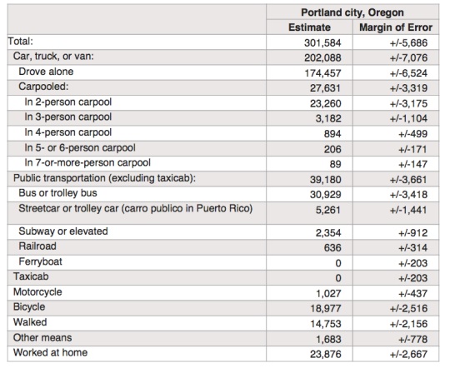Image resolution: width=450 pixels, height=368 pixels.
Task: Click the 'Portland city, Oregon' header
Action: coord(352,12)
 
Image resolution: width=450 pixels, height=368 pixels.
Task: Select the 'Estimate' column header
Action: coord(309,27)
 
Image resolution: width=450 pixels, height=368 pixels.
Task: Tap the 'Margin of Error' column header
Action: coord(396,27)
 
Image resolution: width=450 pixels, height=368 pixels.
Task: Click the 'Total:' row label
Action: coord(20,42)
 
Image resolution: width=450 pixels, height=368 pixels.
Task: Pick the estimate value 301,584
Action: coord(322,43)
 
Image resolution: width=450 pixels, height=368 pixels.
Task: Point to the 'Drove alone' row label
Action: coord(46,72)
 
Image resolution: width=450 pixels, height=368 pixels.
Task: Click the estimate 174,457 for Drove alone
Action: coord(322,73)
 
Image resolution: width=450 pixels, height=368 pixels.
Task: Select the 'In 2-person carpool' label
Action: coord(68,102)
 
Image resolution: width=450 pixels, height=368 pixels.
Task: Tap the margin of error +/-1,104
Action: coord(408,118)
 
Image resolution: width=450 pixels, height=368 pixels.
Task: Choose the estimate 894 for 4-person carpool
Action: coord(332,134)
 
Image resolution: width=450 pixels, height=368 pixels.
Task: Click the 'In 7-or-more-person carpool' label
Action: coord(87,162)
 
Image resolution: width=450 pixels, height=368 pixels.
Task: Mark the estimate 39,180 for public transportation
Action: coord(326,180)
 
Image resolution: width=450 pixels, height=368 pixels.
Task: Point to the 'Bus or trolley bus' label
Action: coord(57,193)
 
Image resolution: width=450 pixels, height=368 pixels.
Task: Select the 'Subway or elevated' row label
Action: coord(63,231)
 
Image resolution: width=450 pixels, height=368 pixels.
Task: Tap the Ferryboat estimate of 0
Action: coord(338,263)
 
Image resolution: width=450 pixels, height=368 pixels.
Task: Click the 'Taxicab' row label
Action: coord(31,276)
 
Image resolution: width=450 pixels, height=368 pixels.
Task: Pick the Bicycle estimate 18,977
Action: coord(326,309)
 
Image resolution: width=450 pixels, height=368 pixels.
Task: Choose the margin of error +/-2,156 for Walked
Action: coord(408,324)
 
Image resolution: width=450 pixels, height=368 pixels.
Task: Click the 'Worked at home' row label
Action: coord(50,352)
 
